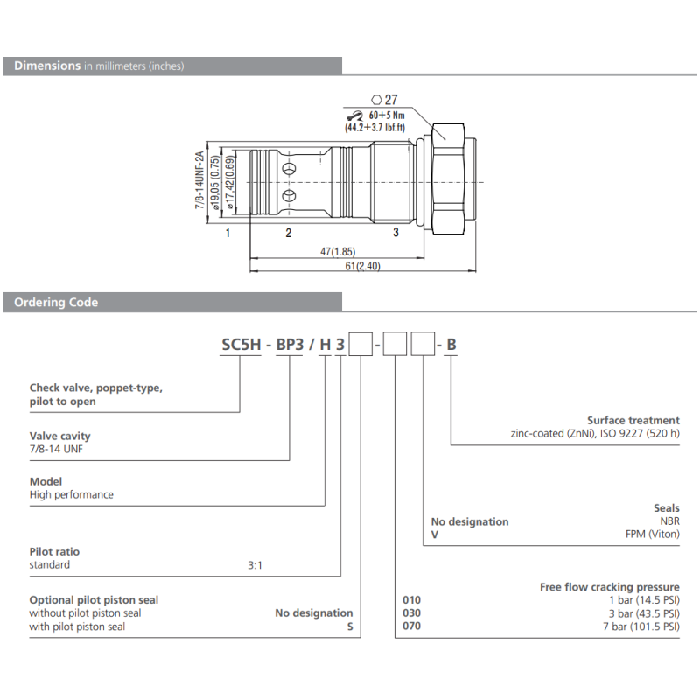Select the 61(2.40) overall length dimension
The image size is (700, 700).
[361, 266]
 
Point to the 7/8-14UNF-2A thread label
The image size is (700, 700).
[199, 180]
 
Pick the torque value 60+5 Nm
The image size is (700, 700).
[385, 114]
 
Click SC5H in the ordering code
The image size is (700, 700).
[240, 345]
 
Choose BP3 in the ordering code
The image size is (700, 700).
[290, 345]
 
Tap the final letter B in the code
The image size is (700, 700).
[451, 345]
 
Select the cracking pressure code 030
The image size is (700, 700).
[410, 613]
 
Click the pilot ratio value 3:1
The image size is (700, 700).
[255, 565]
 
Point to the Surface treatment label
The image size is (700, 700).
[633, 420]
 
